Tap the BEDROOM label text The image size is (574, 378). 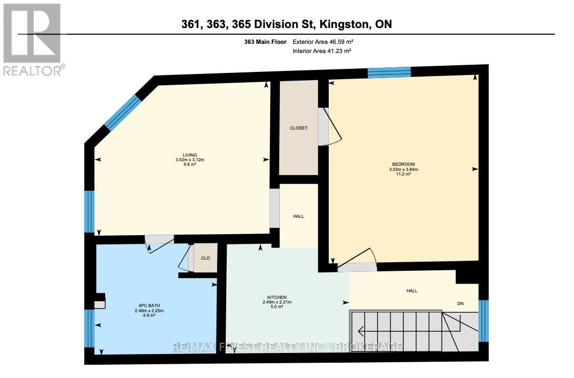tap(400, 164)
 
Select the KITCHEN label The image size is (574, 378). tap(277, 297)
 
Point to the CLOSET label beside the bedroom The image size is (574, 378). tap(298, 128)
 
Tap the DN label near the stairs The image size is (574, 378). tap(460, 303)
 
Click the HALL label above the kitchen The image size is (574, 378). tap(298, 216)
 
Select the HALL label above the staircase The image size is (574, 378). tap(412, 291)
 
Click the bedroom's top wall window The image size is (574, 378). tap(389, 72)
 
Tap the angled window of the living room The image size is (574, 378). tap(122, 111)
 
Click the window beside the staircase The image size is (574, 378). tap(483, 320)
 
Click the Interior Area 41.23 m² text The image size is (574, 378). tap(322, 51)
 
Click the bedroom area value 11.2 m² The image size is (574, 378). tap(400, 174)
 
